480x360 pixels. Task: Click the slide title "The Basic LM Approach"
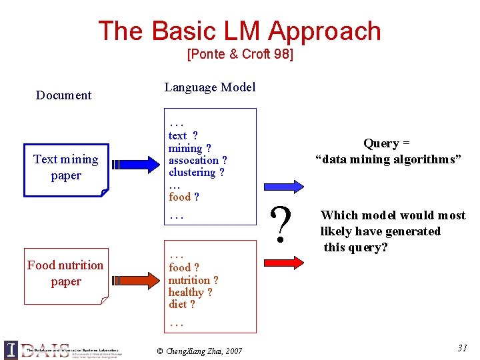(239, 31)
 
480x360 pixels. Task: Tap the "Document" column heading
(63, 95)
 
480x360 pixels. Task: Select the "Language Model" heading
(209, 87)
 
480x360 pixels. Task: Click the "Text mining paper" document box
(65, 168)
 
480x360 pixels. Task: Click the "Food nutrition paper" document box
(65, 273)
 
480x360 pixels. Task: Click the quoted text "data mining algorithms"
(388, 160)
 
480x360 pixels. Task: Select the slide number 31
(462, 347)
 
